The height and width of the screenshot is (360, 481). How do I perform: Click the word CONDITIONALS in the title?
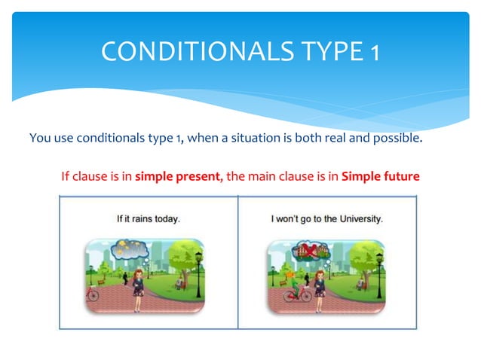tap(194, 52)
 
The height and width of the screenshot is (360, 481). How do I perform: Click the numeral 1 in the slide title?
tap(375, 52)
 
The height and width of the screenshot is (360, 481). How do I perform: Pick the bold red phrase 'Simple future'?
tap(380, 178)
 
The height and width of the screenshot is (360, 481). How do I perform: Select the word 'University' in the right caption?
tap(358, 220)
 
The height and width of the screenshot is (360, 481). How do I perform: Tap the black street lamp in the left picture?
tap(198, 271)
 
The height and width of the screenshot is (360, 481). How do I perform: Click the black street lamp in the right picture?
tap(381, 271)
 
